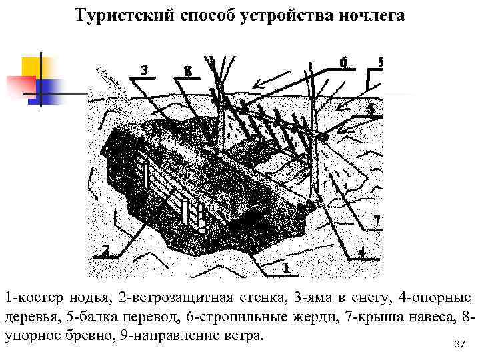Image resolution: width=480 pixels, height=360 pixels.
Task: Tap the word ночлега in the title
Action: pos(371,15)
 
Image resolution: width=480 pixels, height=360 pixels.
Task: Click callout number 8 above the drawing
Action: pos(189,70)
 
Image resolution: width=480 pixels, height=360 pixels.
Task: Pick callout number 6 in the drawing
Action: pos(343,61)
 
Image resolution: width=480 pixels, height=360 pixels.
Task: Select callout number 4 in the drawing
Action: pos(361,252)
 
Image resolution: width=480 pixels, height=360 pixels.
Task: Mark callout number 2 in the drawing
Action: pos(105,250)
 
